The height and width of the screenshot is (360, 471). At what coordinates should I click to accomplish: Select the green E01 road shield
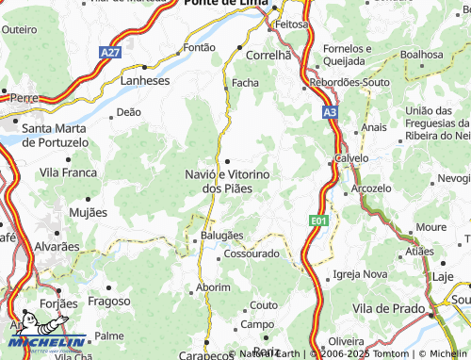tap(319, 220)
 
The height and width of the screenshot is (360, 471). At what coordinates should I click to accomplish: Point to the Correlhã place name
tap(269, 56)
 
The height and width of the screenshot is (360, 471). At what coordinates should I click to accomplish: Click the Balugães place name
tap(221, 235)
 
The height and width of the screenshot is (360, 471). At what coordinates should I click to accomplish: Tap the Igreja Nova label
tap(360, 274)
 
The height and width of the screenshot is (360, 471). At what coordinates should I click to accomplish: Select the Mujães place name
tap(89, 213)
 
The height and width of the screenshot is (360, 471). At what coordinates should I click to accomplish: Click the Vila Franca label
tap(68, 173)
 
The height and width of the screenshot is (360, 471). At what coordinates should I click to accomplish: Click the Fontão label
tap(199, 46)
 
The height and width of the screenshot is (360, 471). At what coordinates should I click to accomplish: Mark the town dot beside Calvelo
tap(331, 162)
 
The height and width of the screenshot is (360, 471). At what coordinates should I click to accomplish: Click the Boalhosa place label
tap(420, 55)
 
